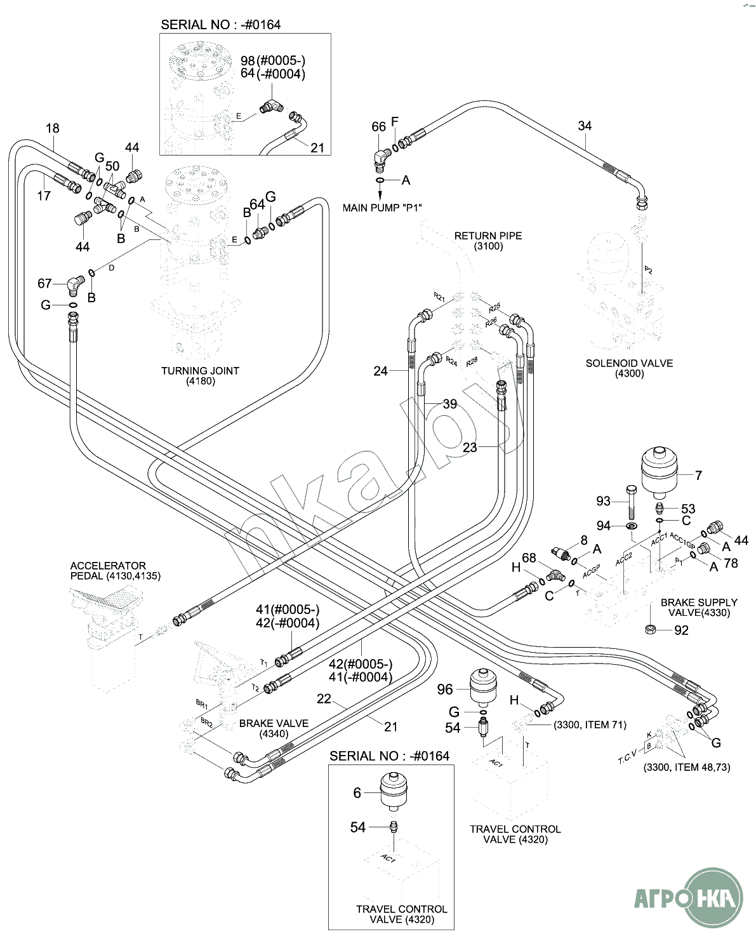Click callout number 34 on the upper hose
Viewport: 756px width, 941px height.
(585, 126)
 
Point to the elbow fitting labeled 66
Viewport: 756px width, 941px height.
(381, 156)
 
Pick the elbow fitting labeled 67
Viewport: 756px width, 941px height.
(74, 285)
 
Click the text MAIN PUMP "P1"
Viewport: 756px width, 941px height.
(383, 208)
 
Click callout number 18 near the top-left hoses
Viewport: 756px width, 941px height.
(52, 128)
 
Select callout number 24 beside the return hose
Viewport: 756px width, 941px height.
(380, 371)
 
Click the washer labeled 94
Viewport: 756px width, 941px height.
(632, 526)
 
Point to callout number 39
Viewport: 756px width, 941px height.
(449, 404)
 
